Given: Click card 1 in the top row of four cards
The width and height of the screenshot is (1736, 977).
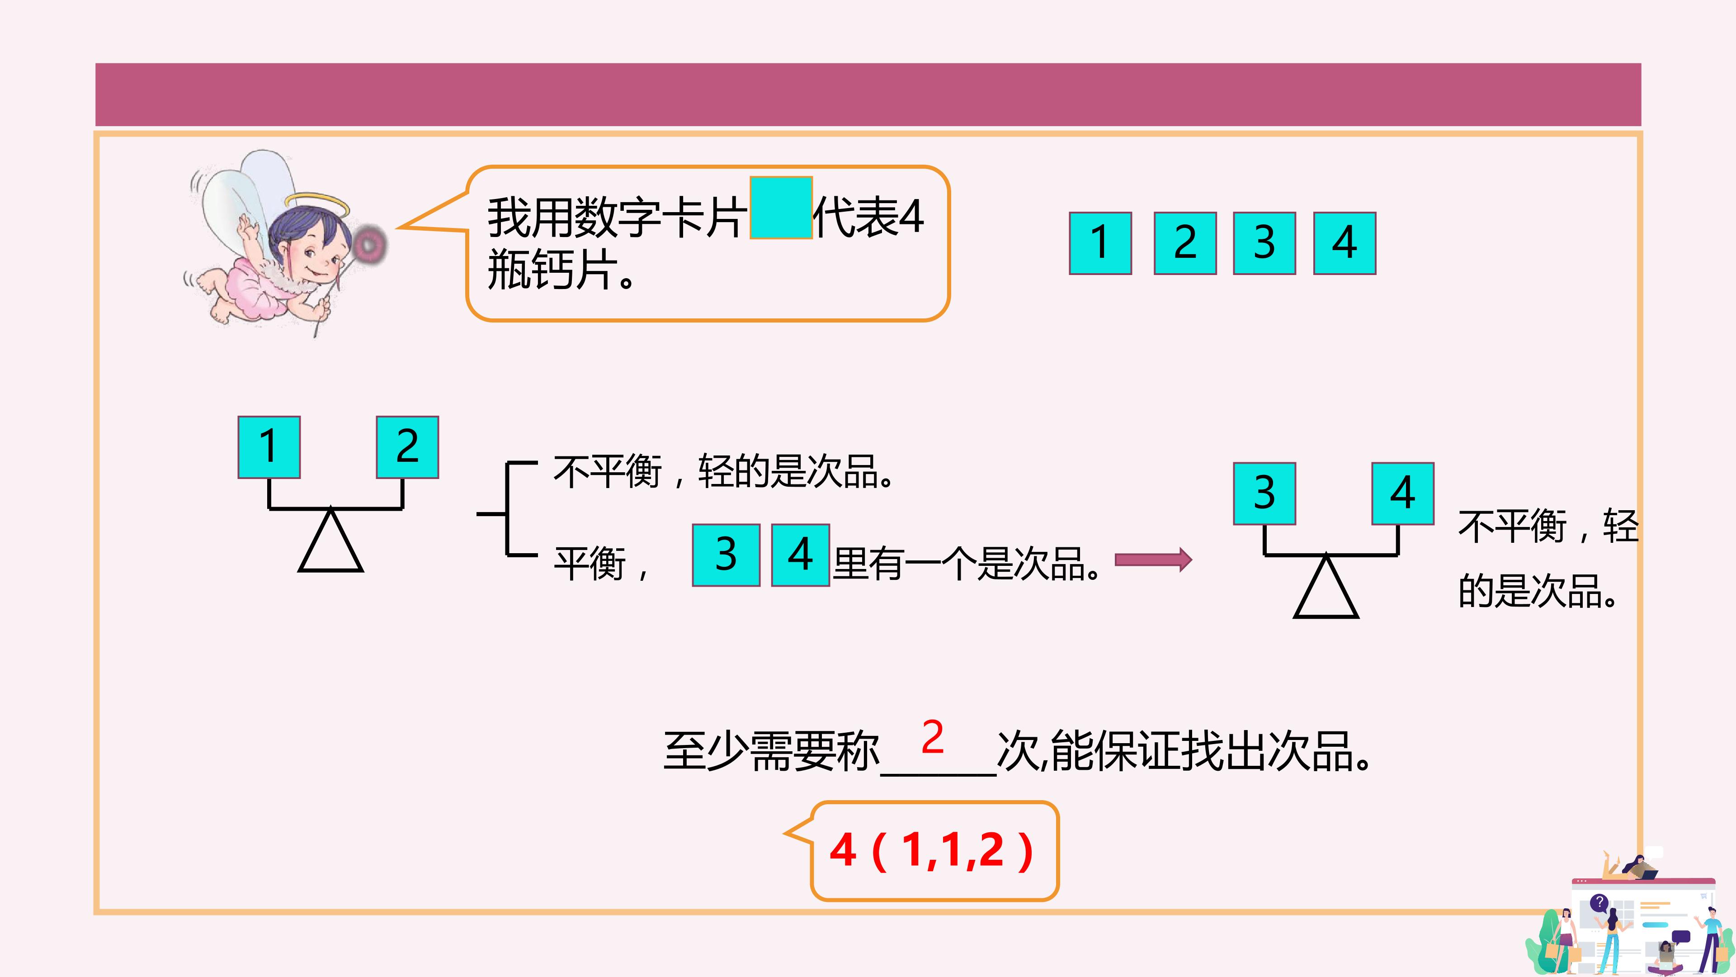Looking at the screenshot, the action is [1100, 243].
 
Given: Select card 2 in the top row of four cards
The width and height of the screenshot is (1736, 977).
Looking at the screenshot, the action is [1185, 243].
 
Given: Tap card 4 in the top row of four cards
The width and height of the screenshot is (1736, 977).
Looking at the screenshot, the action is [1344, 243].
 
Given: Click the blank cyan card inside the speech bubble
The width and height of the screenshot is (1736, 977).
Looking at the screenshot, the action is [781, 208].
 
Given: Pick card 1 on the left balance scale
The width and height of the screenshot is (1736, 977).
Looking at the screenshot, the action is [269, 447].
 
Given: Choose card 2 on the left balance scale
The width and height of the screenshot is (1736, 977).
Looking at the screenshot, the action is [407, 447].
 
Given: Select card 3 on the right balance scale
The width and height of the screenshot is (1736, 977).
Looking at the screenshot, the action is [1264, 493].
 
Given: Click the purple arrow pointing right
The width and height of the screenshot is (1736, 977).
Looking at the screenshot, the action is [1153, 560].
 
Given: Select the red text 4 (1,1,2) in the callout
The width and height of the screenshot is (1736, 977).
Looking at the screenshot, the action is [932, 850].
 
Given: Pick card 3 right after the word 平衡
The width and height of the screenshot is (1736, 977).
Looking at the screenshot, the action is [726, 555].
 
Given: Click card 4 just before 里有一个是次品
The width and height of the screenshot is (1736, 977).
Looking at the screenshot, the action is [800, 555].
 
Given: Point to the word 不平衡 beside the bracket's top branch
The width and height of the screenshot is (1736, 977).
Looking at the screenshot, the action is [608, 470].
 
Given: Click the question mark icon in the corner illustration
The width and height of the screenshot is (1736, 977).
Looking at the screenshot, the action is [1599, 902].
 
